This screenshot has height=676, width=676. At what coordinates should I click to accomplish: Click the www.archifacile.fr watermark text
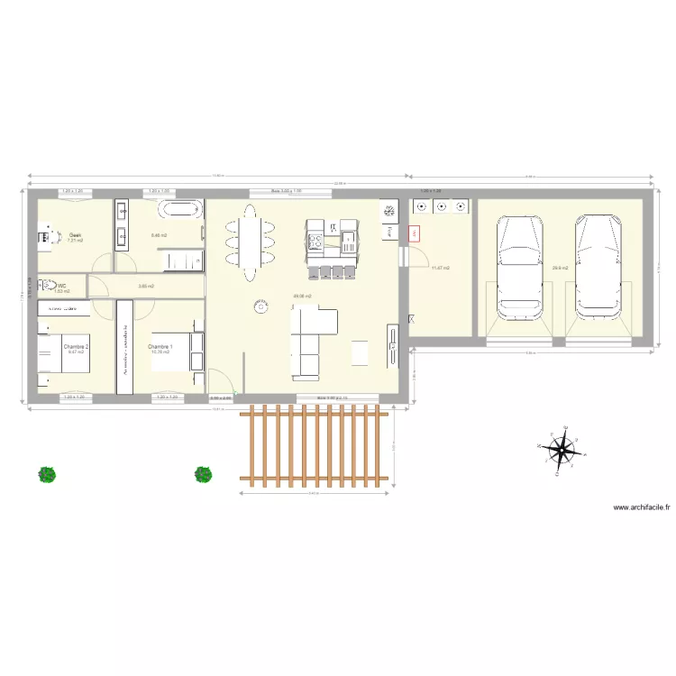point(642,507)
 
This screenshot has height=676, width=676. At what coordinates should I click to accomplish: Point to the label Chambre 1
point(160,346)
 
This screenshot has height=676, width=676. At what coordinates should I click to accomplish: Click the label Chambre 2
point(75,346)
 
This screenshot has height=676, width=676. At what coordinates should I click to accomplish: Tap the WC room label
point(62,286)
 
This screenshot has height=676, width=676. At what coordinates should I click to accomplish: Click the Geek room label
point(74,235)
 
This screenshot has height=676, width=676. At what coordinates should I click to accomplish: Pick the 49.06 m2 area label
point(302,297)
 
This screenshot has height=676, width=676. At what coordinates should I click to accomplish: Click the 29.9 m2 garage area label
point(560,268)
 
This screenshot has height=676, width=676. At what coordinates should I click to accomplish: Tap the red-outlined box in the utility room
point(415,233)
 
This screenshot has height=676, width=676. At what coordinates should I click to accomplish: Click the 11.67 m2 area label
point(440,268)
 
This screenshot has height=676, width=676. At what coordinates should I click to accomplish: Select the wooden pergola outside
point(315,446)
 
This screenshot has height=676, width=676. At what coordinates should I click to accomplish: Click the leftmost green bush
point(47,473)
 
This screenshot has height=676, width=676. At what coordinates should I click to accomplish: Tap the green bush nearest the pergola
point(204,473)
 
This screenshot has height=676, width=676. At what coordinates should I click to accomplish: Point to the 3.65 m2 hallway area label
point(145,286)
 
